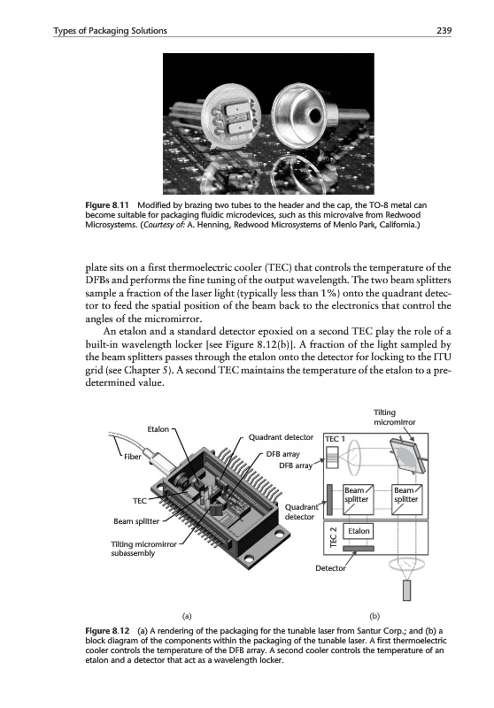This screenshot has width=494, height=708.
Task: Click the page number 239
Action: pos(444,31)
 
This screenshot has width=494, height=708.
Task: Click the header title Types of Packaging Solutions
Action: pos(110,31)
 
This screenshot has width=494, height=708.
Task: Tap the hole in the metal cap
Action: pos(316,113)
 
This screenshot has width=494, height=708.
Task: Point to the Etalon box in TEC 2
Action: pos(359,532)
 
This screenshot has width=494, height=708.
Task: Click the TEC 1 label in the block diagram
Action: pos(335,439)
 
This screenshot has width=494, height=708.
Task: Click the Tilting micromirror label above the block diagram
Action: pos(394,417)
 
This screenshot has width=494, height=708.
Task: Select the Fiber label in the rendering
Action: pos(133,457)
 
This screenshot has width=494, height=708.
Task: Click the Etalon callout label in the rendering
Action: pos(158,429)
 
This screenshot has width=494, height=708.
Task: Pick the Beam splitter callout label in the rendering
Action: pos(136,521)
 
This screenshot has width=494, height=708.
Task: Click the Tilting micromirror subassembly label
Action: pos(143,549)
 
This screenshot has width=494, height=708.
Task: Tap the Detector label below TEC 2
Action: pos(330,568)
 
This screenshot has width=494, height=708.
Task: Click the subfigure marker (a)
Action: pos(187,616)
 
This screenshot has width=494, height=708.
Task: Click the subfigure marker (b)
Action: pos(374,616)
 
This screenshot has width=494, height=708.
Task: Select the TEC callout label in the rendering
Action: pos(140,501)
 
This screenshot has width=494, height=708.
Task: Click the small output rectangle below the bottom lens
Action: pos(407,590)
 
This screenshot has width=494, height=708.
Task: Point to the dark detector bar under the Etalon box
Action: pos(359,549)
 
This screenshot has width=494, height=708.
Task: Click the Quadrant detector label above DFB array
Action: pos(281,437)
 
